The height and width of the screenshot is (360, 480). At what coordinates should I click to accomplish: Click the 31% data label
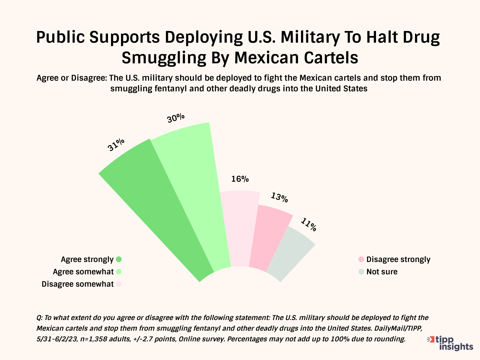tap(116, 145)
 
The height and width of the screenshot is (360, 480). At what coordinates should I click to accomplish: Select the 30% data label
tap(176, 118)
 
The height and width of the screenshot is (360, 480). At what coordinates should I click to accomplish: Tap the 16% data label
tap(240, 179)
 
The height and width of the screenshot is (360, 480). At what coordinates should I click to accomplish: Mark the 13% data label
tap(279, 197)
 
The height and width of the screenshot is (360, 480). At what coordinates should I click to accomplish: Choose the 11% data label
tap(309, 224)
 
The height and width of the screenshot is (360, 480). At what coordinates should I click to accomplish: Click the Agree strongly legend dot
tap(119, 259)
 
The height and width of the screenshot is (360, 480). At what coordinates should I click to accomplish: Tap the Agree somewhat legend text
tap(83, 272)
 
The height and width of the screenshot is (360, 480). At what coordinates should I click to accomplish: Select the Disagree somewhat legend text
tap(78, 284)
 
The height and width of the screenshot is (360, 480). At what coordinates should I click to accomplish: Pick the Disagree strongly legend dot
tap(361, 259)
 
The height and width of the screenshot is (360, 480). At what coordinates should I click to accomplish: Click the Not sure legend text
tap(382, 272)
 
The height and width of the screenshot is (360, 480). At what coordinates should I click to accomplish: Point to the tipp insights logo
tap(451, 343)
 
